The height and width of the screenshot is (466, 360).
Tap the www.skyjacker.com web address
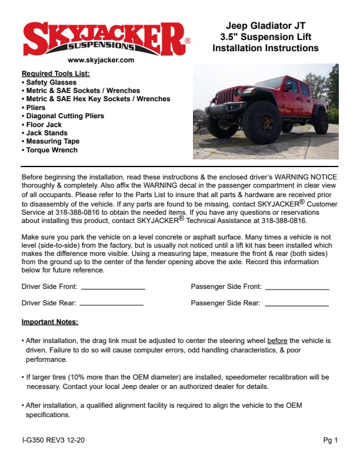click(x=101, y=60)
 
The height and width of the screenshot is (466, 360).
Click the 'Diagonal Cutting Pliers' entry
click(x=65, y=116)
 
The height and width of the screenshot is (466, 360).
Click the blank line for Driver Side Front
click(x=112, y=288)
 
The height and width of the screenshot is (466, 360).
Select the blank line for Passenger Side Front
click(x=297, y=288)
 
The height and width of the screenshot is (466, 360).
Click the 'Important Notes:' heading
click(x=50, y=322)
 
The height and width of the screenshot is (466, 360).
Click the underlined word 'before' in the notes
click(x=278, y=341)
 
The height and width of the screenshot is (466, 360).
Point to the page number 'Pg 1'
click(x=330, y=440)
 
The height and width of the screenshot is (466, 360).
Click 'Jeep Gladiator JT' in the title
click(x=265, y=26)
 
